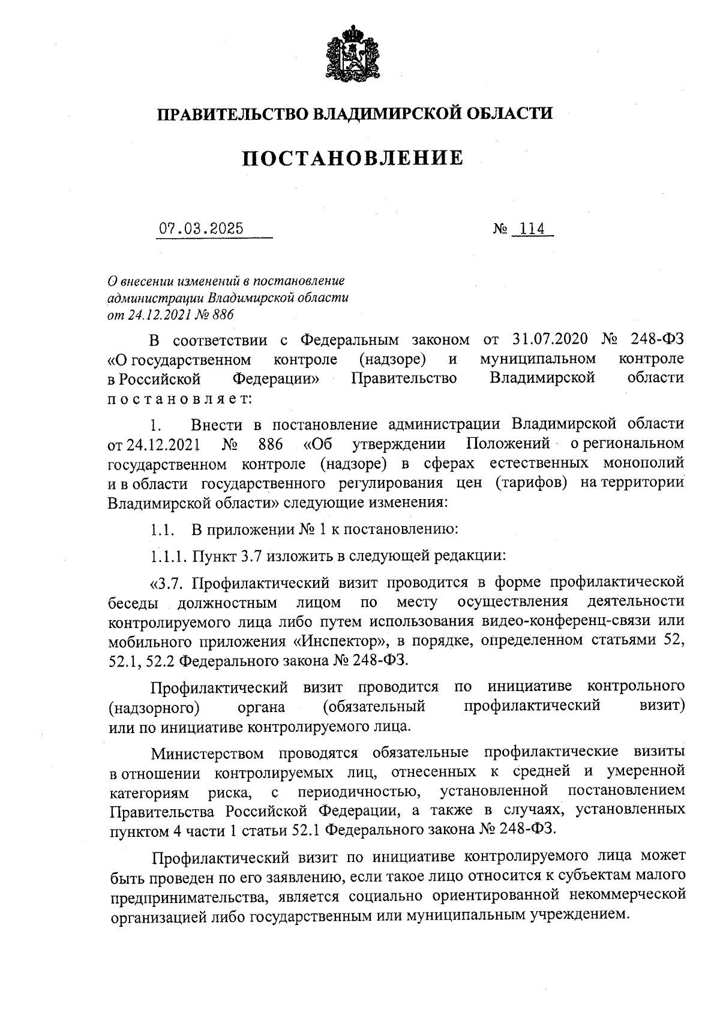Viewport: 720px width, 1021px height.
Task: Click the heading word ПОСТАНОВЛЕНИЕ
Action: (x=353, y=158)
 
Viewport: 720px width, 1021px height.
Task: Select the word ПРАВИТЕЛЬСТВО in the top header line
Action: (x=234, y=113)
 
